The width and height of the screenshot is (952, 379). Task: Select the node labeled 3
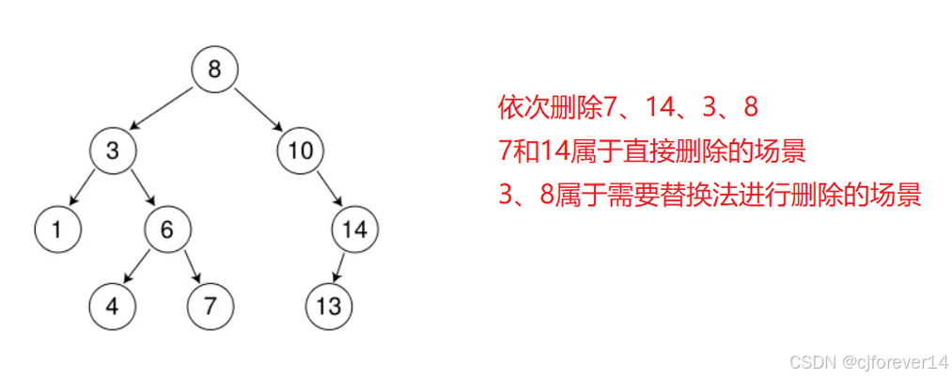pyautogui.click(x=113, y=150)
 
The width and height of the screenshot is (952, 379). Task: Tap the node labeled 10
pyautogui.click(x=302, y=150)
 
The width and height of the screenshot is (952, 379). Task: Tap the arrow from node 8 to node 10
pyautogui.click(x=258, y=110)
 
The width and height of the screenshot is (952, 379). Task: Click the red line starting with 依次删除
pyautogui.click(x=628, y=108)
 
